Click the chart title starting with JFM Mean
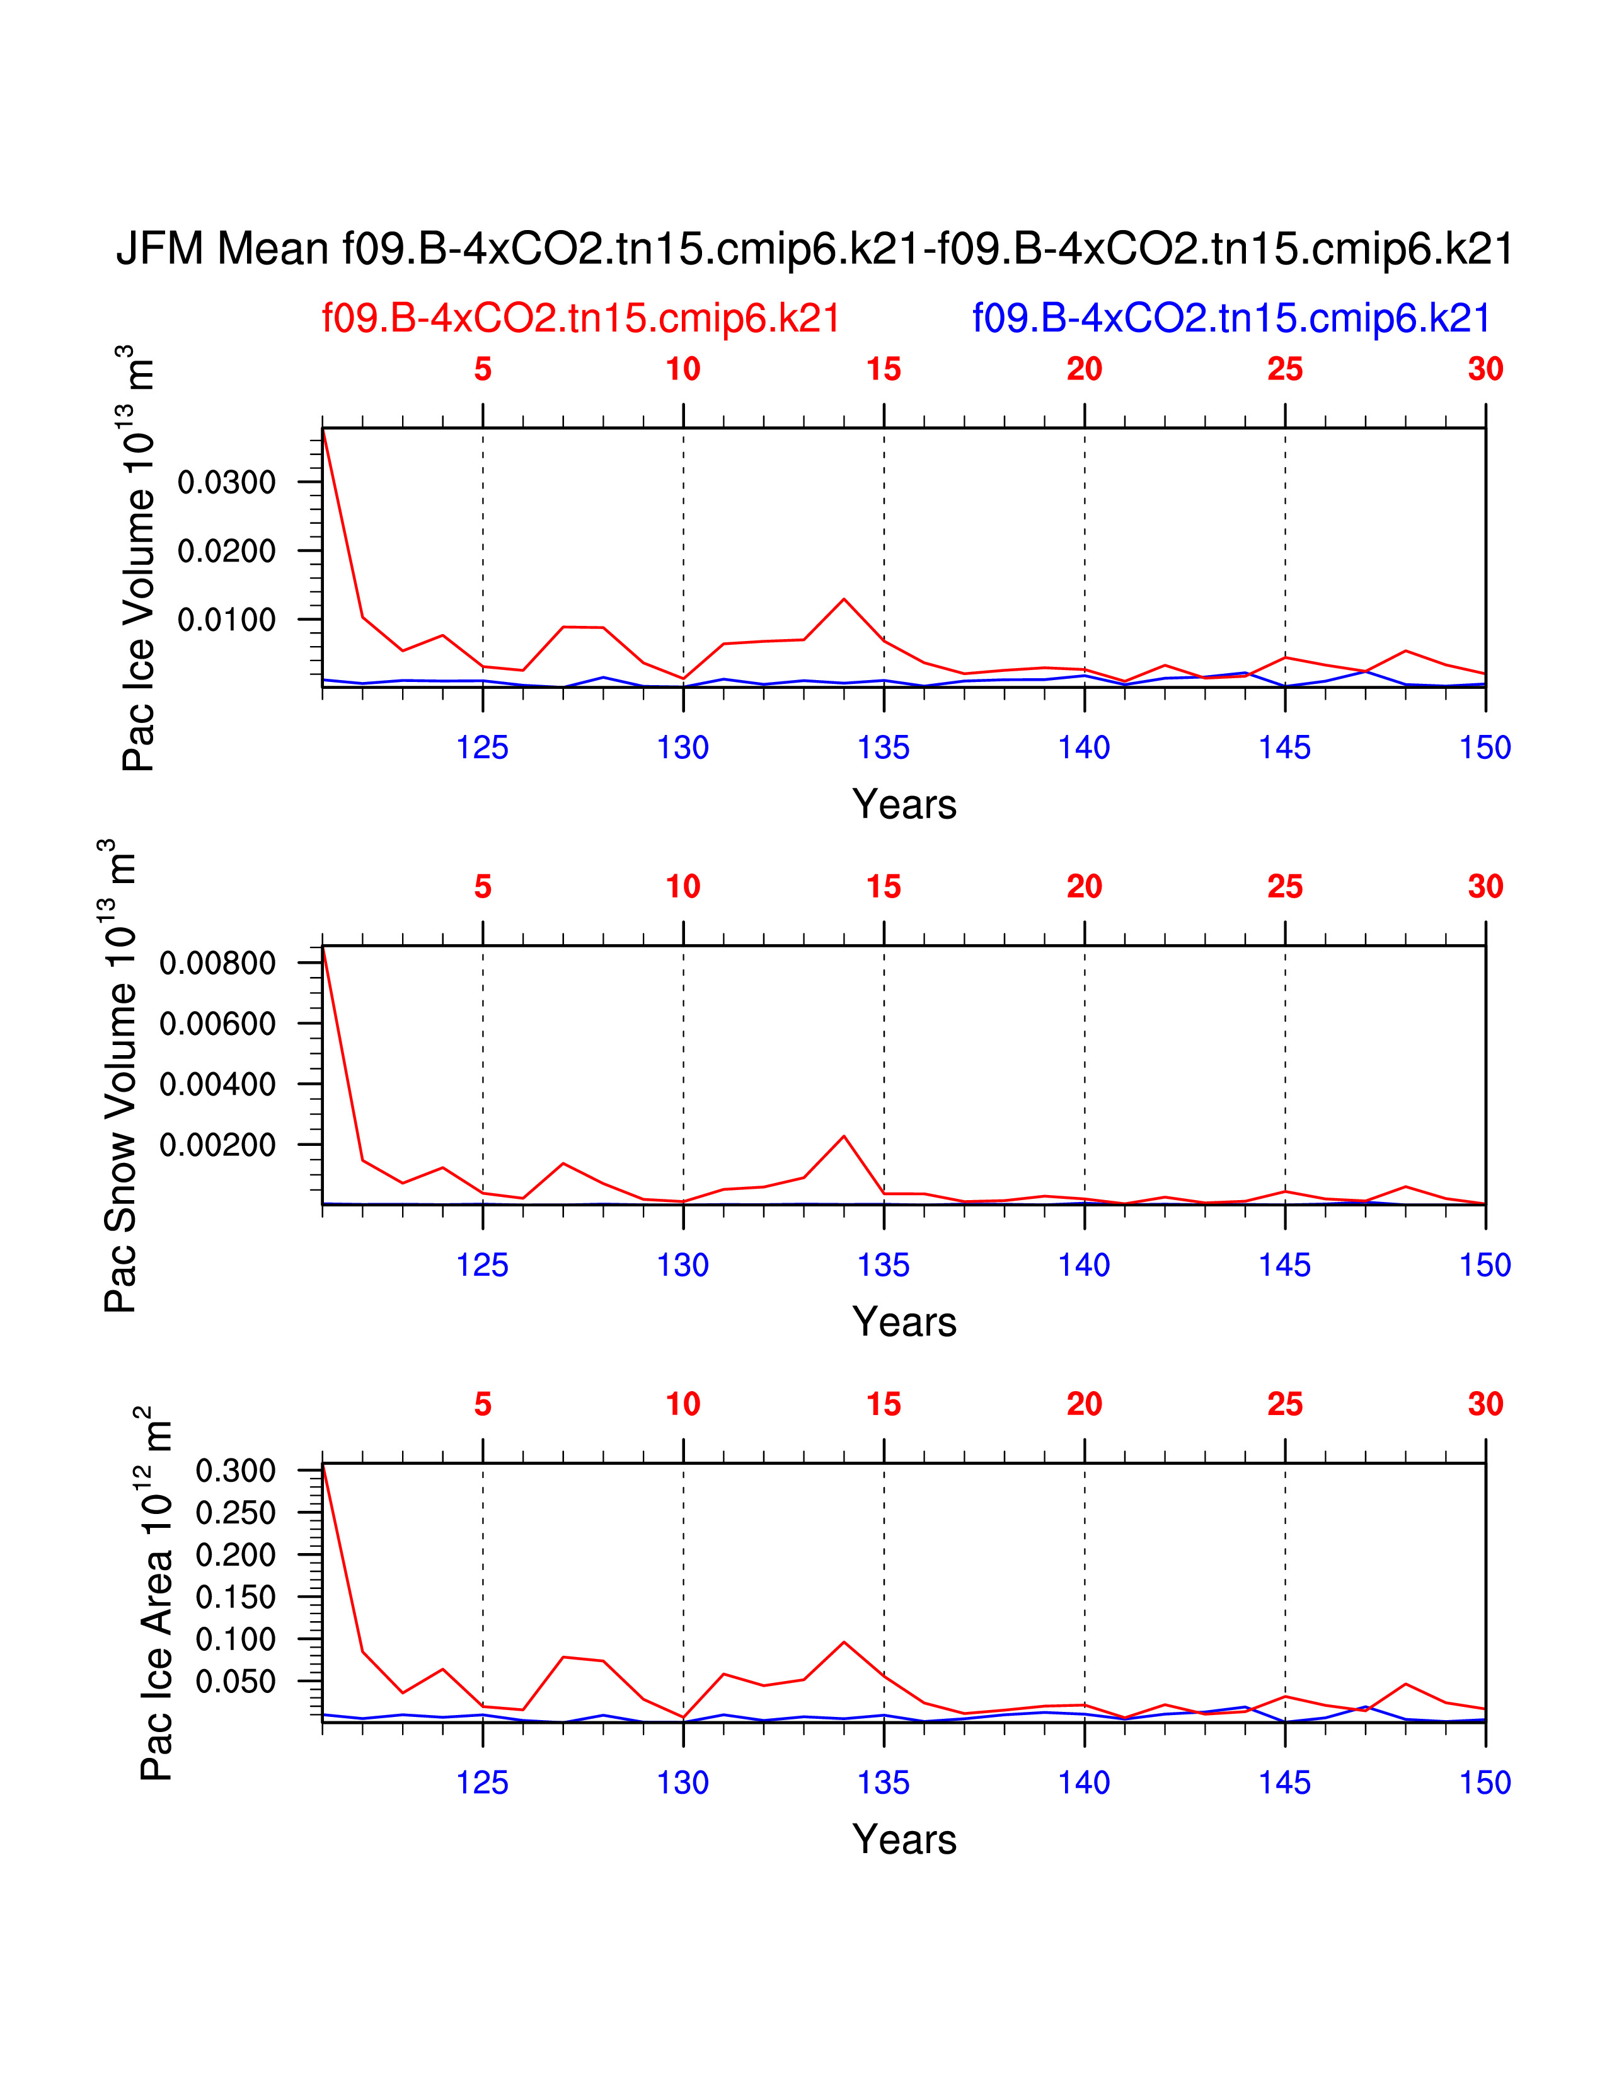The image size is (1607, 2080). point(814,250)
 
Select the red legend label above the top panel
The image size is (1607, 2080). point(581,318)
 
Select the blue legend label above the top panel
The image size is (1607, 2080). point(1231,318)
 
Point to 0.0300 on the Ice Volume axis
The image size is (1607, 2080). point(227,482)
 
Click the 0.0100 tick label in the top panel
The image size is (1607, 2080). point(227,620)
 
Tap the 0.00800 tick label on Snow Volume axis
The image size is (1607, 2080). point(217,963)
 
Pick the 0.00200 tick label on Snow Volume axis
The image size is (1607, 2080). point(217,1145)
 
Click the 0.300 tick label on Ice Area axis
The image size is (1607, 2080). point(235,1470)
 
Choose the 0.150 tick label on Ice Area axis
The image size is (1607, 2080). point(235,1597)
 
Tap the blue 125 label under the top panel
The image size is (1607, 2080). point(483,748)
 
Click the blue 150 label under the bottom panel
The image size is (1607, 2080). point(1485,1783)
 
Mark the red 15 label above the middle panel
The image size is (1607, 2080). point(884,887)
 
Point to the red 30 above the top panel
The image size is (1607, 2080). point(1485,369)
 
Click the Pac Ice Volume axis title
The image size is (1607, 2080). point(138,558)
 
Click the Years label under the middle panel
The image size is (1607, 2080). point(904,1322)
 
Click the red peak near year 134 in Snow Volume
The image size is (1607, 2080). point(843,1136)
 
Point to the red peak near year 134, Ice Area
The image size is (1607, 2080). point(843,1642)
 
